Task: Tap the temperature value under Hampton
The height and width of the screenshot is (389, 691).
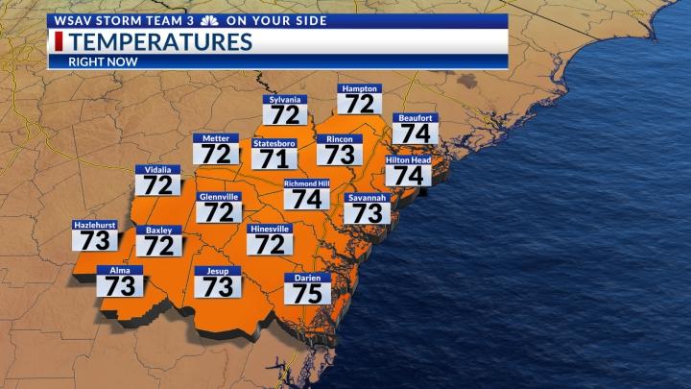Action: click(359, 104)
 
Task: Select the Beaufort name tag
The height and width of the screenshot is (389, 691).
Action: click(415, 118)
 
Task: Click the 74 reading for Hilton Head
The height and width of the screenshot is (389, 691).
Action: click(408, 176)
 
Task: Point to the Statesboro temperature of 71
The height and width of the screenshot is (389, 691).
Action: click(274, 158)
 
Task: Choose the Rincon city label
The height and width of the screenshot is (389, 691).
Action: click(339, 139)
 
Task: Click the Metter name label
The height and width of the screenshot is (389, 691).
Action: click(215, 138)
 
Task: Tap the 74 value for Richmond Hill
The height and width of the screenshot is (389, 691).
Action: click(306, 199)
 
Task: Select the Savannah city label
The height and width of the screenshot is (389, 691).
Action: click(367, 198)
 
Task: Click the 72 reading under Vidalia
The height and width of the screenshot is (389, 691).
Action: click(157, 185)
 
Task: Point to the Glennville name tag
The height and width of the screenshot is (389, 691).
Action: click(218, 197)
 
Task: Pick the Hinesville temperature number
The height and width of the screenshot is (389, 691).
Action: click(270, 245)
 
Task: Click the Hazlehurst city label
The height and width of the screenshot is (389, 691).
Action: click(95, 225)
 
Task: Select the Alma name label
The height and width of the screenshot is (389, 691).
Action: click(119, 271)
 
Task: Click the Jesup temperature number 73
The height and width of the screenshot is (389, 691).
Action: click(218, 286)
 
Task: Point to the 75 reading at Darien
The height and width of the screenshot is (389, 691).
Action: click(307, 293)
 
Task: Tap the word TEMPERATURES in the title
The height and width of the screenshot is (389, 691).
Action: click(160, 41)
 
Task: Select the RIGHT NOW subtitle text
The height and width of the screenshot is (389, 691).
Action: click(103, 61)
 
